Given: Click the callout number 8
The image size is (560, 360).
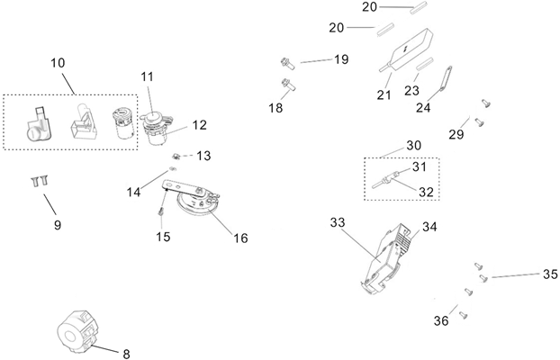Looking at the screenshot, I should [x=126, y=354].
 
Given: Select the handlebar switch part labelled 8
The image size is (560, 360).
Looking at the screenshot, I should [x=79, y=330].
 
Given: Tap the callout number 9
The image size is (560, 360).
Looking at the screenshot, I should [x=57, y=224].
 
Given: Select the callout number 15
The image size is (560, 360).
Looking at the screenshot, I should [x=163, y=237].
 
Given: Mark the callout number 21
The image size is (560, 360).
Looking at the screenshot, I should [x=384, y=94].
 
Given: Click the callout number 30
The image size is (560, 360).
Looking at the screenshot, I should [x=413, y=145].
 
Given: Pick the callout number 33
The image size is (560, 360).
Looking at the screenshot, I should [x=338, y=221].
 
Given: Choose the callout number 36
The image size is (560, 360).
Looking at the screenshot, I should [x=441, y=320].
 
